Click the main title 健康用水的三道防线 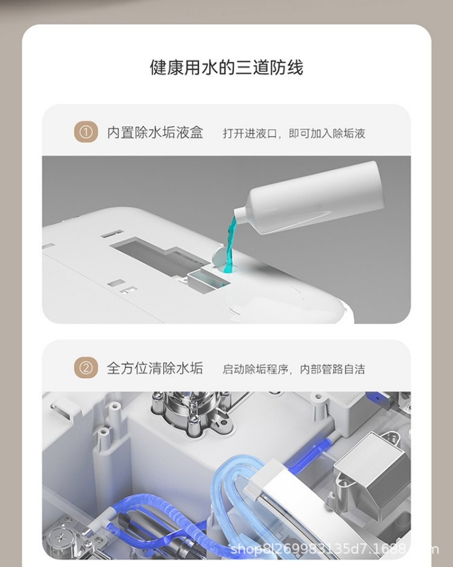226,68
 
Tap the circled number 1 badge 86,133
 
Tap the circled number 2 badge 86,369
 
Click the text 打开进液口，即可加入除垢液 293,134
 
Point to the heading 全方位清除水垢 155,369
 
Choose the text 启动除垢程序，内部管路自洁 293,369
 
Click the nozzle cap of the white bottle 240,215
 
